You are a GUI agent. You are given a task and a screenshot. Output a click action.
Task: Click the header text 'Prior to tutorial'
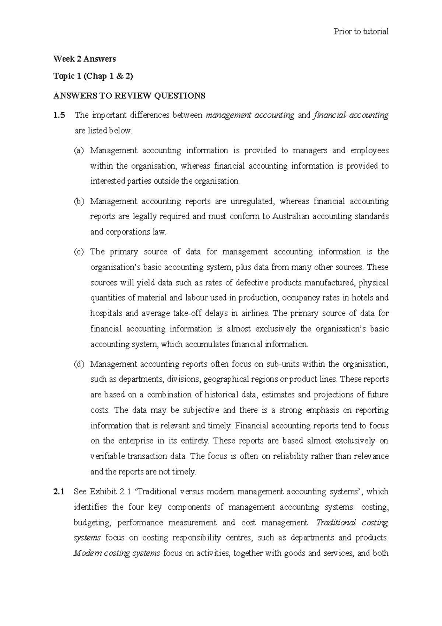361,32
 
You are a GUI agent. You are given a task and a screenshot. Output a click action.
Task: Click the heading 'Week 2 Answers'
84,59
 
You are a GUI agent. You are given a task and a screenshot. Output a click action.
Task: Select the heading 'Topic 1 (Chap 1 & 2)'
93,76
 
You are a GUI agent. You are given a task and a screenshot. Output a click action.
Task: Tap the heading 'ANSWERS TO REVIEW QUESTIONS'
129,96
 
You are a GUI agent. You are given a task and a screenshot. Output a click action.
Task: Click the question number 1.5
59,115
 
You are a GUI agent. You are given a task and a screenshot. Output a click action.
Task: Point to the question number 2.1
59,492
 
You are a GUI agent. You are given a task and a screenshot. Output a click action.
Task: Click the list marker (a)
79,151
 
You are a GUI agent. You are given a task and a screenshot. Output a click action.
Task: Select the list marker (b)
79,202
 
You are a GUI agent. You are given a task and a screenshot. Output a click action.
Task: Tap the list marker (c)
79,252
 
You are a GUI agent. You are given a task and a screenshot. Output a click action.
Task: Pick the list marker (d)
79,365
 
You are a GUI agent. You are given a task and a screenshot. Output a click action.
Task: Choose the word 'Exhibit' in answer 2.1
103,492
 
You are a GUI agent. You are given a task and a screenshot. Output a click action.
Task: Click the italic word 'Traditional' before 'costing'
336,523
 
